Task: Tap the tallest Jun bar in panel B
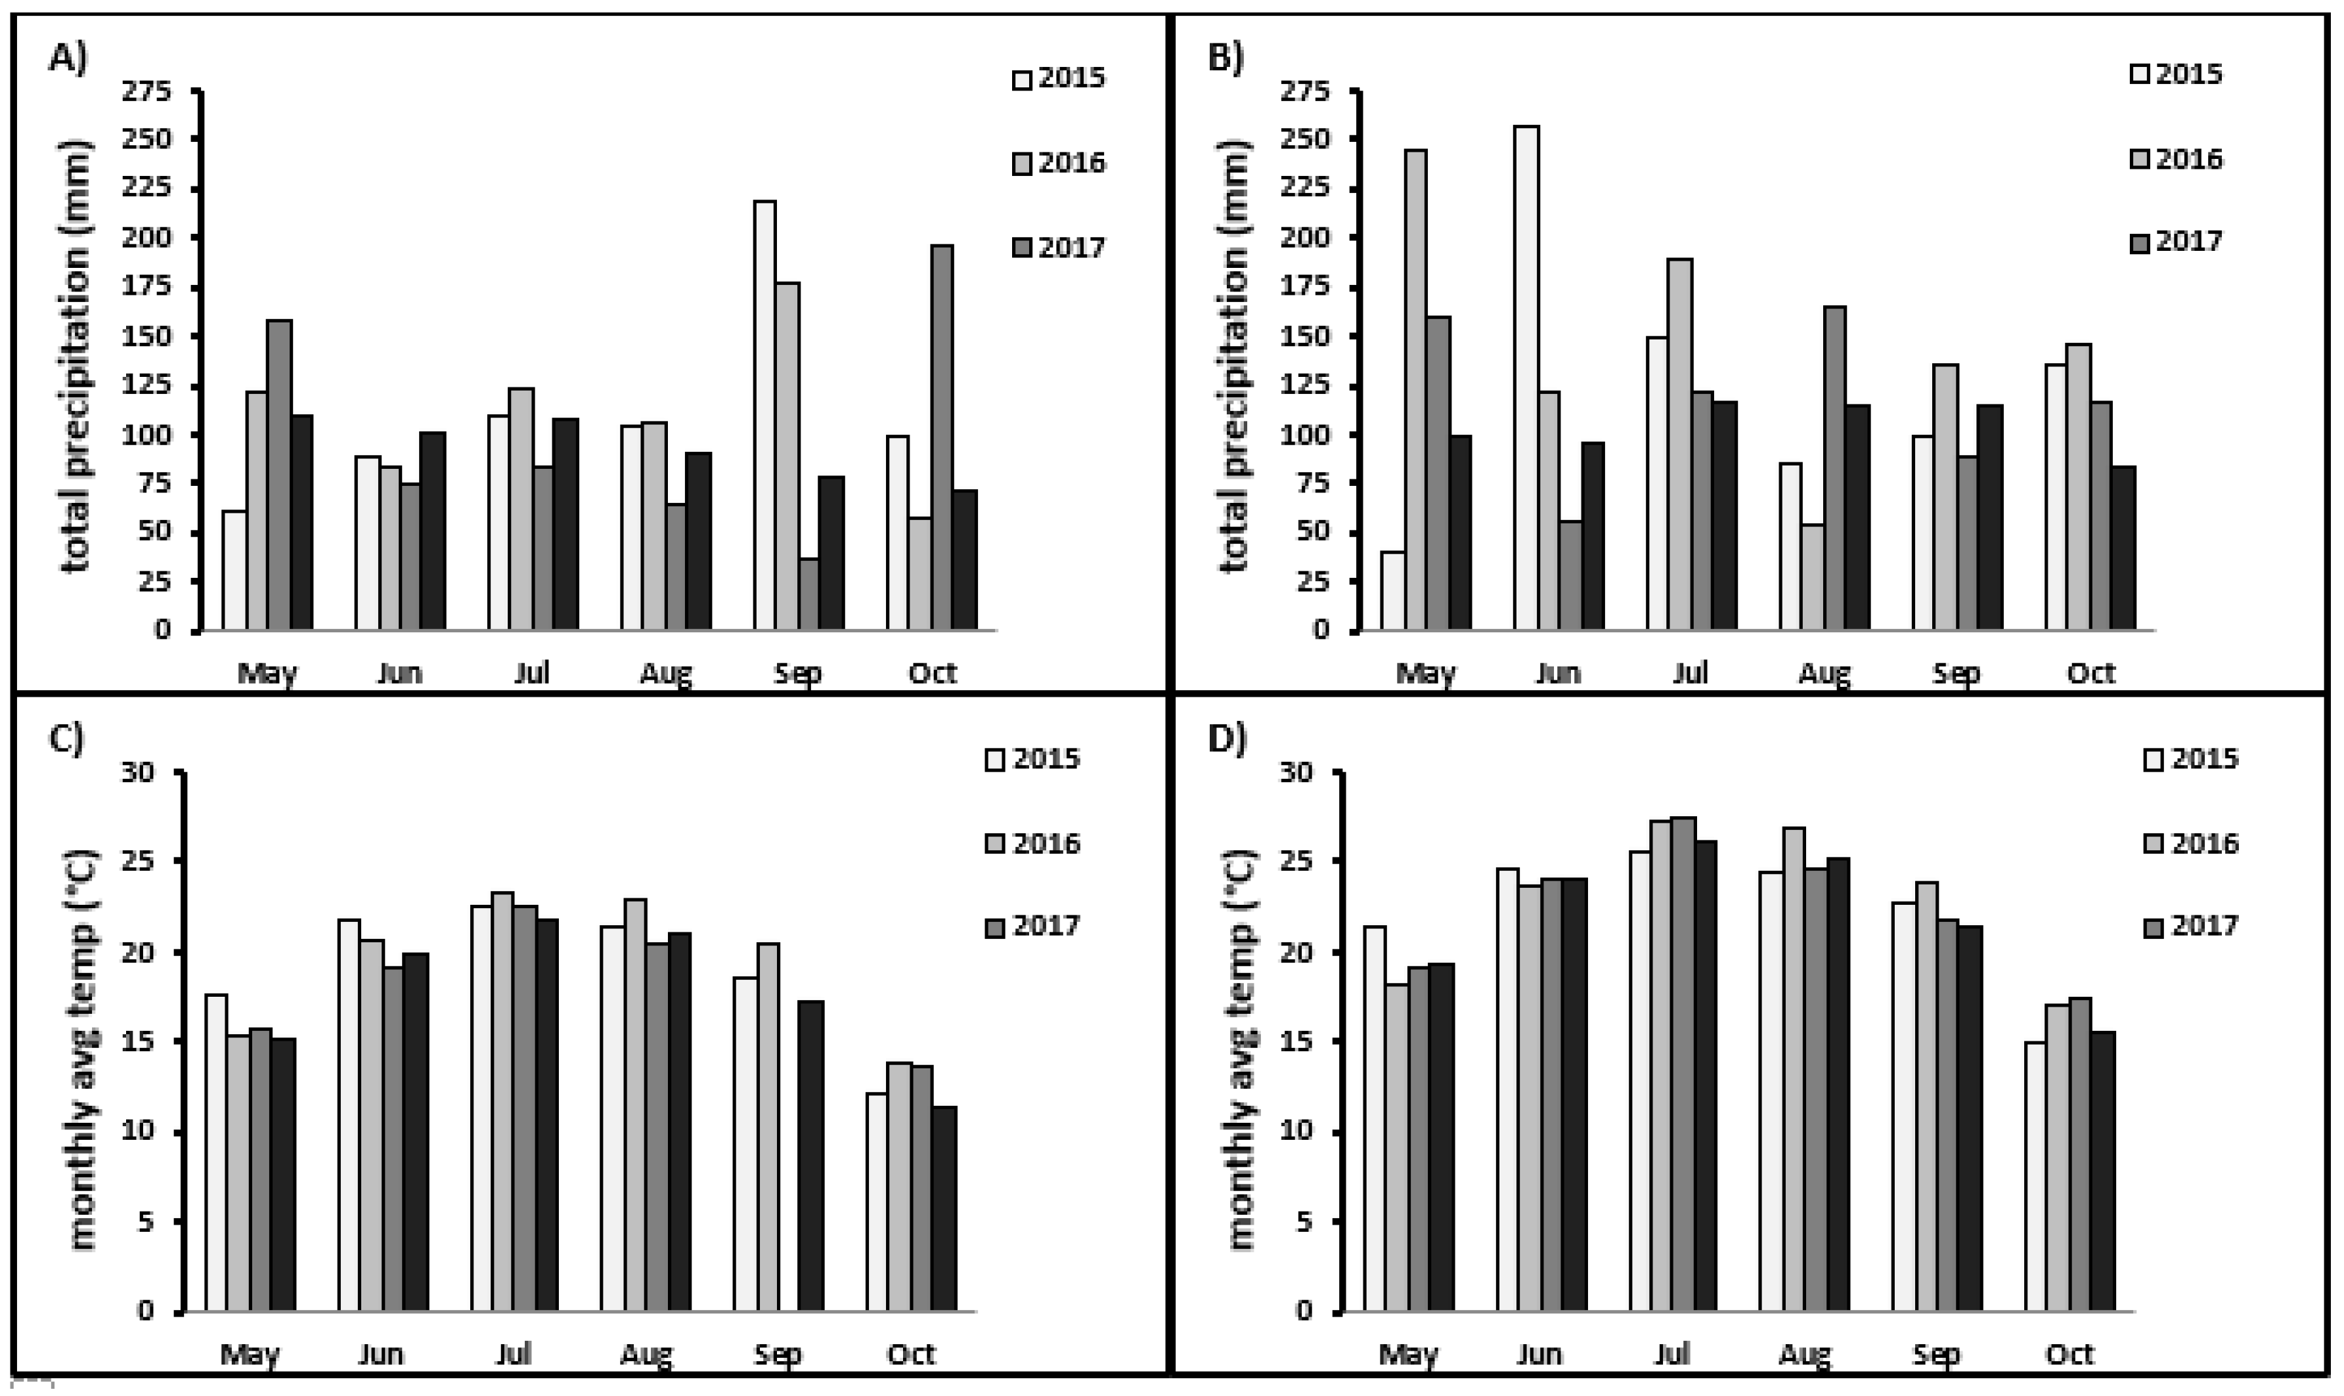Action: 1526,376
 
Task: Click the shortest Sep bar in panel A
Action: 808,594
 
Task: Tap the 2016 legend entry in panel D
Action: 2191,843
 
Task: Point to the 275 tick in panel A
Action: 154,92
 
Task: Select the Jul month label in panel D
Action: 1671,1355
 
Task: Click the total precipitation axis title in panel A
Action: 79,357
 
